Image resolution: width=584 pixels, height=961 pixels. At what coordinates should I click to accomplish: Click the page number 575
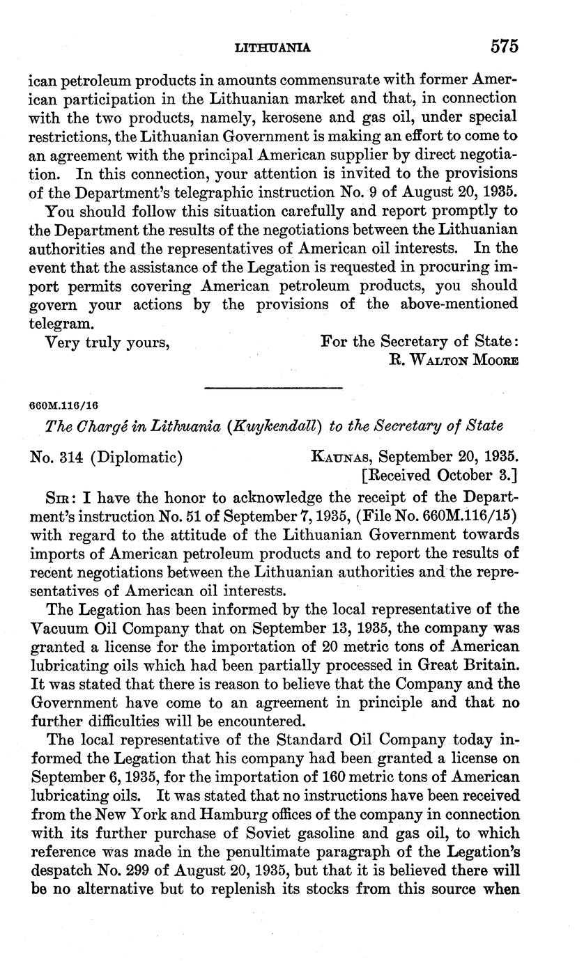coord(505,47)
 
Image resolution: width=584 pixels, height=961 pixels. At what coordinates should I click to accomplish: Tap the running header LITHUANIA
coord(273,48)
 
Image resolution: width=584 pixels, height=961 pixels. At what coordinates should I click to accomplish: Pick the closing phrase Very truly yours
coord(107,342)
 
